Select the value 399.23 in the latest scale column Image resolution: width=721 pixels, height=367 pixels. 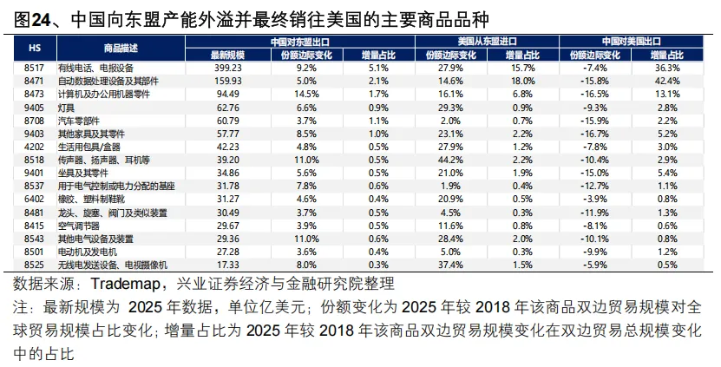pos(227,67)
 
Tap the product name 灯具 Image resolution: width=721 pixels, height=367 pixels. pos(68,108)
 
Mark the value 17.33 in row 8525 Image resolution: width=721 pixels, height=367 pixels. pos(227,264)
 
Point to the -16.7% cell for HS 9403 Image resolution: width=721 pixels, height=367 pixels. pos(597,134)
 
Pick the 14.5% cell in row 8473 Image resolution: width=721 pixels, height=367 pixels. pos(308,94)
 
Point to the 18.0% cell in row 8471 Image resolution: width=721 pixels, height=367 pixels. pos(521,80)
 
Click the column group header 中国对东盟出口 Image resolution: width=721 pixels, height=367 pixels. pos(303,41)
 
